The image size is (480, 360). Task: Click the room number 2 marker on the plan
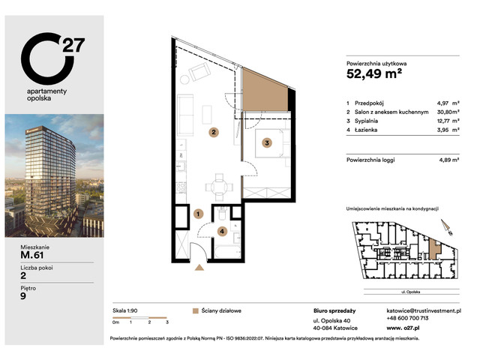[x=214, y=133]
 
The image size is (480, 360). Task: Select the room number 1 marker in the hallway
[x=198, y=214]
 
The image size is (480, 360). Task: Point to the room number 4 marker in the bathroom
[x=220, y=232]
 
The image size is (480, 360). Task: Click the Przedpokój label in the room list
[x=374, y=103]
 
